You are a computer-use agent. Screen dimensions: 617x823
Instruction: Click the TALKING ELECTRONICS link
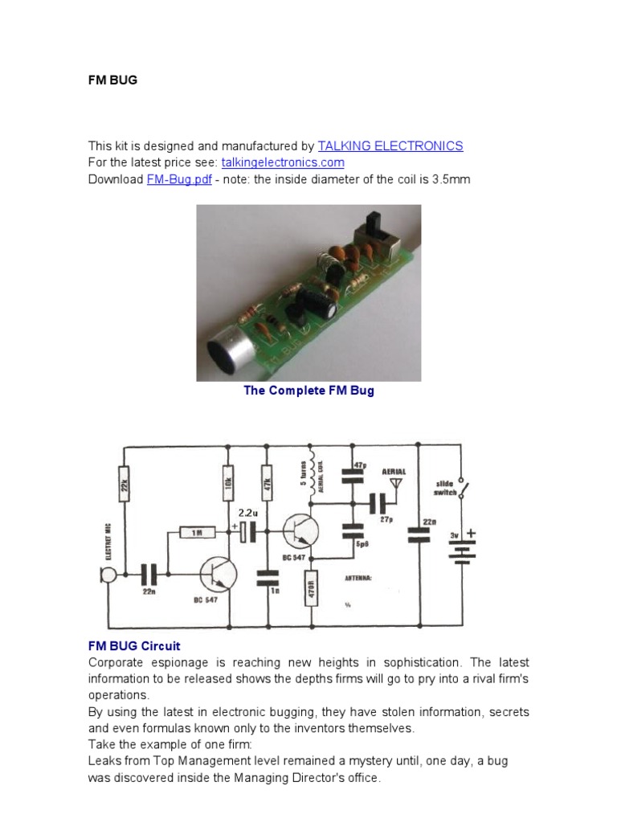[x=390, y=146]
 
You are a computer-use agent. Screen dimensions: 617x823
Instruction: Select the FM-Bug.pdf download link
[x=179, y=179]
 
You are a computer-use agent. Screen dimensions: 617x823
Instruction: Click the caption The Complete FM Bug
[x=308, y=391]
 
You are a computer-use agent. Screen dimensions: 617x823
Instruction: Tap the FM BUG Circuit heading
[x=134, y=646]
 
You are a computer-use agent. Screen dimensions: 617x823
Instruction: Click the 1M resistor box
[x=198, y=532]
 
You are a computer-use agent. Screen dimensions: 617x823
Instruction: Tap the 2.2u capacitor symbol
[x=248, y=530]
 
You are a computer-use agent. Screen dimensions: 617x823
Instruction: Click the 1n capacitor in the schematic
[x=268, y=577]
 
